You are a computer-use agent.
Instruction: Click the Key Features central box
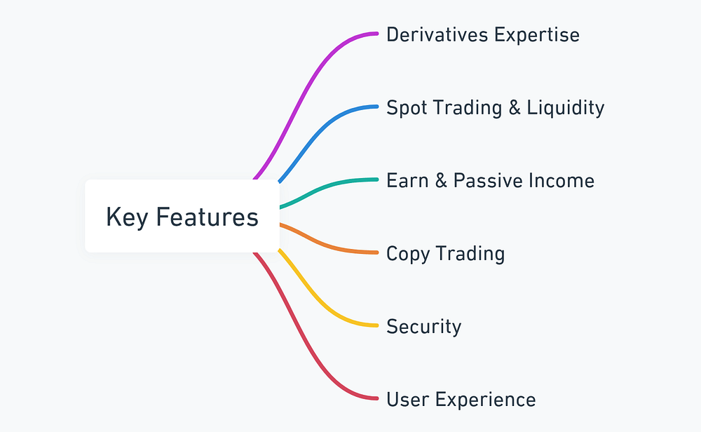click(x=182, y=216)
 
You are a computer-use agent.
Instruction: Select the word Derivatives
click(x=437, y=35)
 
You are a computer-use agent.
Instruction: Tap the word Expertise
click(x=537, y=36)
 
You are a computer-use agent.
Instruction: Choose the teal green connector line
click(x=327, y=188)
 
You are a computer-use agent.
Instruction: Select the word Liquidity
click(x=566, y=109)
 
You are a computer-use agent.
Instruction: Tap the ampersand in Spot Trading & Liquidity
click(x=515, y=108)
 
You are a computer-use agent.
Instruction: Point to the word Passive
click(x=487, y=181)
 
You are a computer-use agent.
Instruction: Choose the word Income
click(x=562, y=181)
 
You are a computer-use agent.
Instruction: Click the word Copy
click(x=408, y=255)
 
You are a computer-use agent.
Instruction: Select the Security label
click(x=424, y=328)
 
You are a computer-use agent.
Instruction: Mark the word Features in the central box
click(x=207, y=217)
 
